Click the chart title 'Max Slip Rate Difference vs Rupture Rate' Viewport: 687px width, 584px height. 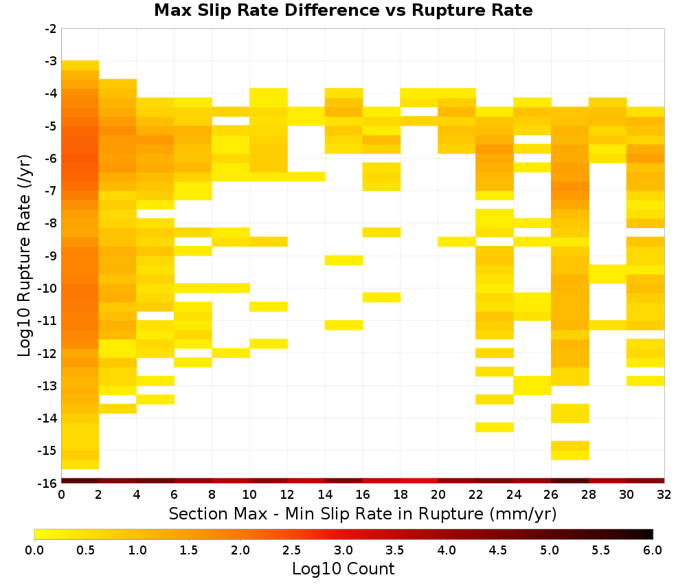pos(343,10)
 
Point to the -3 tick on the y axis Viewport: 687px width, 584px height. pos(52,61)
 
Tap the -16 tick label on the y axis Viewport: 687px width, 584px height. pos(48,483)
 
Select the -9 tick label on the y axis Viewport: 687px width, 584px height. pos(52,256)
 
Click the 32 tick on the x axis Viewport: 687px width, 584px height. pos(664,495)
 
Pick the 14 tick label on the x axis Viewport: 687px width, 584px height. pos(325,495)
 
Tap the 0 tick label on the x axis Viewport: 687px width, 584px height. pos(61,495)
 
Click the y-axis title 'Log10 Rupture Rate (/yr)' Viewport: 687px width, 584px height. pos(24,256)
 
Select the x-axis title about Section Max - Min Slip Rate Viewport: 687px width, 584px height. pos(363,513)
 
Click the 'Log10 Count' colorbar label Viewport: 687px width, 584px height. pos(343,569)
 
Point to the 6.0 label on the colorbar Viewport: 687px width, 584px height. pos(653,550)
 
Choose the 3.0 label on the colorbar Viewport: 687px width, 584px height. pos(343,550)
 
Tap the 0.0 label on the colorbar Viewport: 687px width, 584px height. pos(34,550)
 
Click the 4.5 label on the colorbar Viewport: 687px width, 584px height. pos(497,550)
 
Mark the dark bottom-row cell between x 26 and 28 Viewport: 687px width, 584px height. pos(570,481)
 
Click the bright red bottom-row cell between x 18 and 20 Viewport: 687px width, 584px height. pos(419,481)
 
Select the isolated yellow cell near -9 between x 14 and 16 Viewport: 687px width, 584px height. pos(344,260)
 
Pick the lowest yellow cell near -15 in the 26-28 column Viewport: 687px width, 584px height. pos(570,456)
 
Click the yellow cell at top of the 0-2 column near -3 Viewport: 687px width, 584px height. pos(80,65)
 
